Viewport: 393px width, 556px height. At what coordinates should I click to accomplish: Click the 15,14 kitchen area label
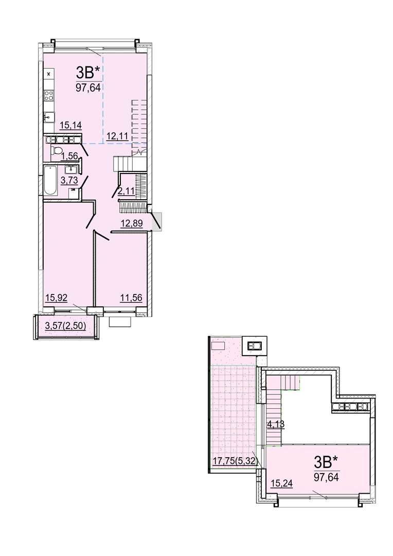[x=71, y=125]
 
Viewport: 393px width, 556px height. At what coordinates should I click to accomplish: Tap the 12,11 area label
[x=117, y=136]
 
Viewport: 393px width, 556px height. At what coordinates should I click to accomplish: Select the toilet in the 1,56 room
[x=55, y=150]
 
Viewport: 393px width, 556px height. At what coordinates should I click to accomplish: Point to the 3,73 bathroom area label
[x=69, y=180]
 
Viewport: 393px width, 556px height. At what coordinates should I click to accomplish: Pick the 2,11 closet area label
[x=127, y=192]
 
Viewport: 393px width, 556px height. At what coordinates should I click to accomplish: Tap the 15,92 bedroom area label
[x=56, y=298]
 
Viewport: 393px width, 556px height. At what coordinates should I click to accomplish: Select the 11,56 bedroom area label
[x=132, y=298]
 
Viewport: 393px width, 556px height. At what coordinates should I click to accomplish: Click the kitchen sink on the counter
[x=49, y=116]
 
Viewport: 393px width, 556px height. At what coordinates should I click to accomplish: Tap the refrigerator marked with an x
[x=49, y=74]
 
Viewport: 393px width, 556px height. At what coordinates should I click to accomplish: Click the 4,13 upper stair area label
[x=276, y=424]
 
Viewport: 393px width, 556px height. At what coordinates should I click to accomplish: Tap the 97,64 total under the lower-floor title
[x=86, y=87]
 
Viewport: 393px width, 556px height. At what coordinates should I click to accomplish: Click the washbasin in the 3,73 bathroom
[x=71, y=168]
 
